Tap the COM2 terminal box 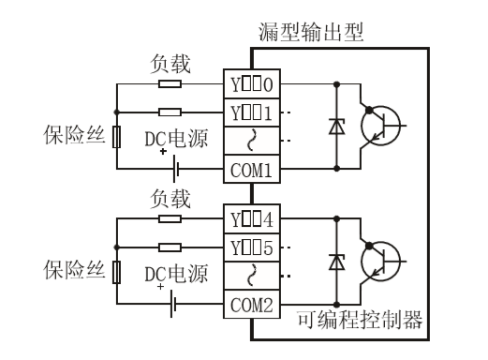point(250,304)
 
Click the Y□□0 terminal point(250,83)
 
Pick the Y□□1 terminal point(250,112)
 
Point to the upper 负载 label point(171,65)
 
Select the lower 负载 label point(171,199)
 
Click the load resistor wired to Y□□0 point(170,83)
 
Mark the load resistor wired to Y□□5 point(170,247)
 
